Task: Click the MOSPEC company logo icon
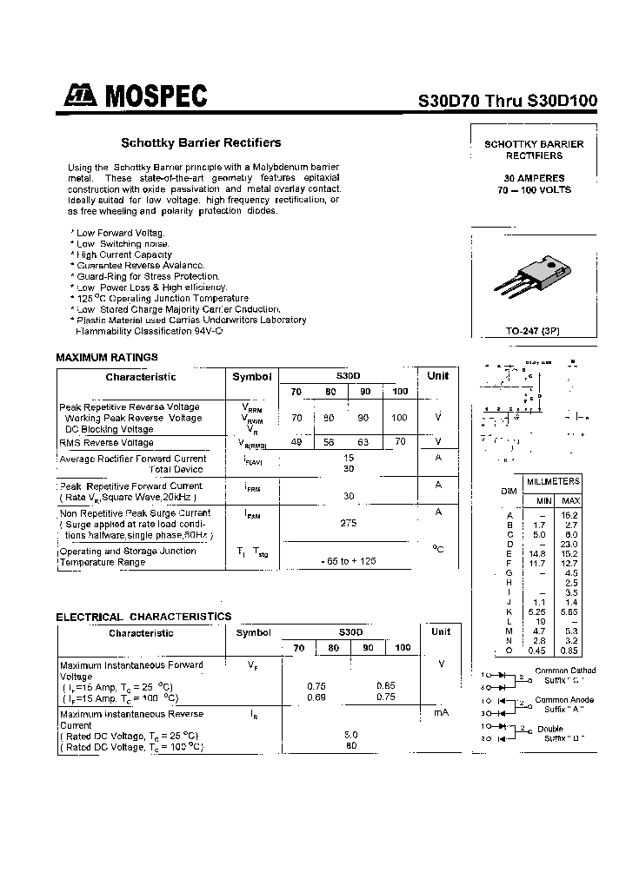click(78, 96)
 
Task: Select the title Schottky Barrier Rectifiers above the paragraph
click(200, 142)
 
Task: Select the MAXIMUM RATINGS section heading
click(107, 357)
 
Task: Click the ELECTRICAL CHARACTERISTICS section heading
click(143, 617)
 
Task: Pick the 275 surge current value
click(349, 524)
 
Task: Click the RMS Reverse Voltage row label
click(106, 443)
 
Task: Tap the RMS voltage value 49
click(296, 442)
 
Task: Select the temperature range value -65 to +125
click(349, 562)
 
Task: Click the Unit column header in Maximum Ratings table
click(438, 376)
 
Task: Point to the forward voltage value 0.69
click(316, 697)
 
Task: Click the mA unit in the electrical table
click(440, 712)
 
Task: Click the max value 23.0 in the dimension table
click(570, 544)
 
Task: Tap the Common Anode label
click(564, 699)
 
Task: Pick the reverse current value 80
click(350, 745)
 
